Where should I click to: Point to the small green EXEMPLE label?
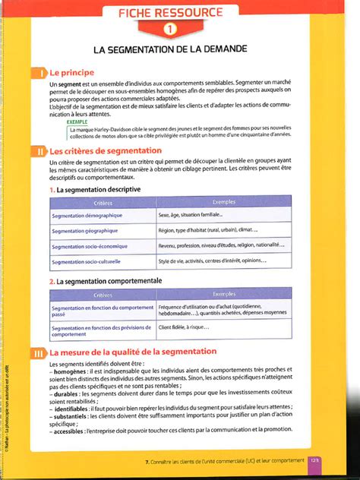coord(77,122)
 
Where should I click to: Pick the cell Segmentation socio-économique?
coord(89,246)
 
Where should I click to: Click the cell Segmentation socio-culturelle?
coord(86,261)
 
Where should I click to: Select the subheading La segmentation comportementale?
coord(109,280)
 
